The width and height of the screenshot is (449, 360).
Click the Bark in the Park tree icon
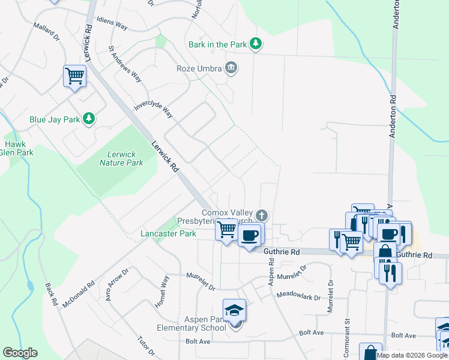256,44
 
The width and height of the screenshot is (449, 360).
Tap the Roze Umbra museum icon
231,68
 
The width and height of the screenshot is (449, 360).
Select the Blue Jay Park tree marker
89,119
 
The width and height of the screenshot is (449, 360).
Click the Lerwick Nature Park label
121,158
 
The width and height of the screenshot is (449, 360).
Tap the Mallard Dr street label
48,32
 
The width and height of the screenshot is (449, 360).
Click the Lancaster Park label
168,233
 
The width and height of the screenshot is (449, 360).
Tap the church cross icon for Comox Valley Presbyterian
261,215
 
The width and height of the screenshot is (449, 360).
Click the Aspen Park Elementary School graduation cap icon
234,310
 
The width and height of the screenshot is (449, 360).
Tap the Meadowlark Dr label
298,295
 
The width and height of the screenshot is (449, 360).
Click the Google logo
20,353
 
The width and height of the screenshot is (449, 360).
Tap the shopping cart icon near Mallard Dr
75,76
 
